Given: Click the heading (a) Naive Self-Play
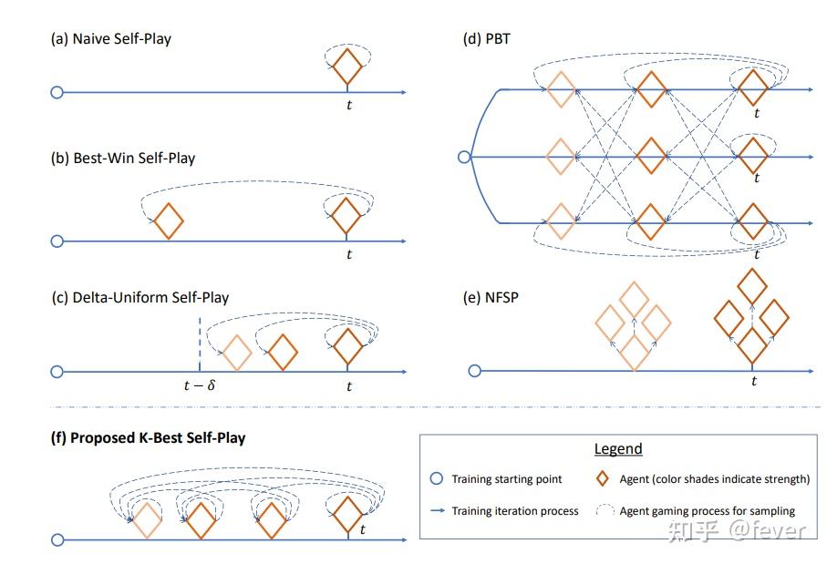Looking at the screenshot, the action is (x=110, y=39).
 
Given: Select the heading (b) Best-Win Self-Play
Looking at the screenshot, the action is (x=123, y=159).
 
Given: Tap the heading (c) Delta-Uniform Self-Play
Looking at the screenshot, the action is (x=140, y=298).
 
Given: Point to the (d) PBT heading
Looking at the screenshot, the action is (x=486, y=39).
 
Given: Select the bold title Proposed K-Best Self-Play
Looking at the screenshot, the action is (x=158, y=438).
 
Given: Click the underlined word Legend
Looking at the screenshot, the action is (x=618, y=449).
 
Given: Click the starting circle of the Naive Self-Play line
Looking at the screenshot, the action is (x=57, y=93).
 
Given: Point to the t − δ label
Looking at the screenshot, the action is (x=200, y=385).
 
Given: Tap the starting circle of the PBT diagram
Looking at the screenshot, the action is (x=464, y=157).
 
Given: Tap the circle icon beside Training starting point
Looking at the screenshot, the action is (x=437, y=478).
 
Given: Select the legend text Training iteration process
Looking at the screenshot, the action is (x=515, y=511).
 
